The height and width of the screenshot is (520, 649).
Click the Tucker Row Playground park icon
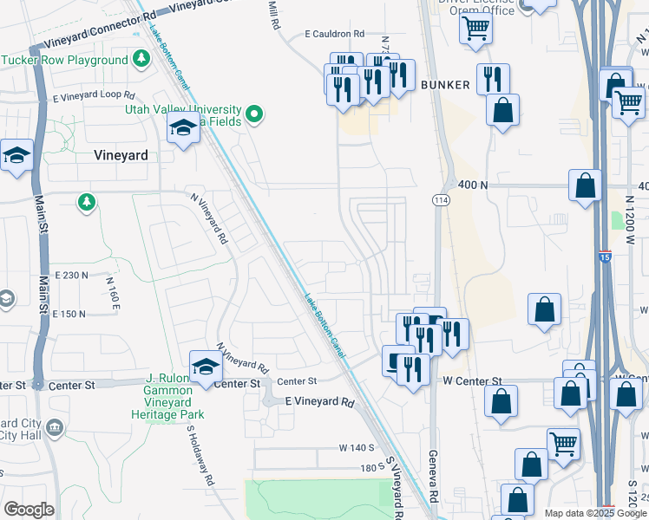point(141,60)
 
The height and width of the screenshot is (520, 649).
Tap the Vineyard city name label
point(120,155)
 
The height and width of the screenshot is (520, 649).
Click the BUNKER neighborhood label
point(445,85)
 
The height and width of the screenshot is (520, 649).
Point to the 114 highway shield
point(441,199)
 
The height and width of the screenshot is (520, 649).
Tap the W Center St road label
point(473,381)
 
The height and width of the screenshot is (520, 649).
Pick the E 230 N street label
point(71,275)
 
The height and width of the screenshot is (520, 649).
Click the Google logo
point(29,509)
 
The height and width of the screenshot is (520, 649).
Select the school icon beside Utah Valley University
point(183,130)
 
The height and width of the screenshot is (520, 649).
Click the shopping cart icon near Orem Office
point(475,27)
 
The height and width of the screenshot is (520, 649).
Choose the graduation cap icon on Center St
point(206,367)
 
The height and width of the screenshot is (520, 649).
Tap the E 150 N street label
point(69,314)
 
